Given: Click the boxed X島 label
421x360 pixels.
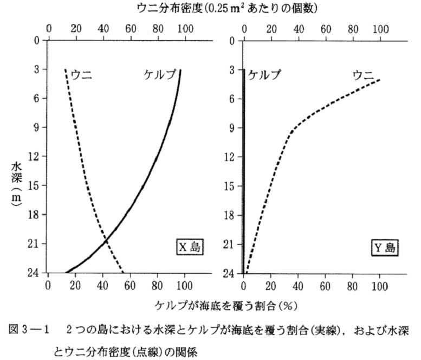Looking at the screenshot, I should (189, 248).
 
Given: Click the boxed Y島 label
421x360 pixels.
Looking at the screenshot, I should (385, 248).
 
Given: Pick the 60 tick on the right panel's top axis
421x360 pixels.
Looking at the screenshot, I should (326, 28).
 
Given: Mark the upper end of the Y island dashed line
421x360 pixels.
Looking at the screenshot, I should (379, 80).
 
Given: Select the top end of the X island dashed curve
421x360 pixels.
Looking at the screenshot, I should (65, 69).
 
